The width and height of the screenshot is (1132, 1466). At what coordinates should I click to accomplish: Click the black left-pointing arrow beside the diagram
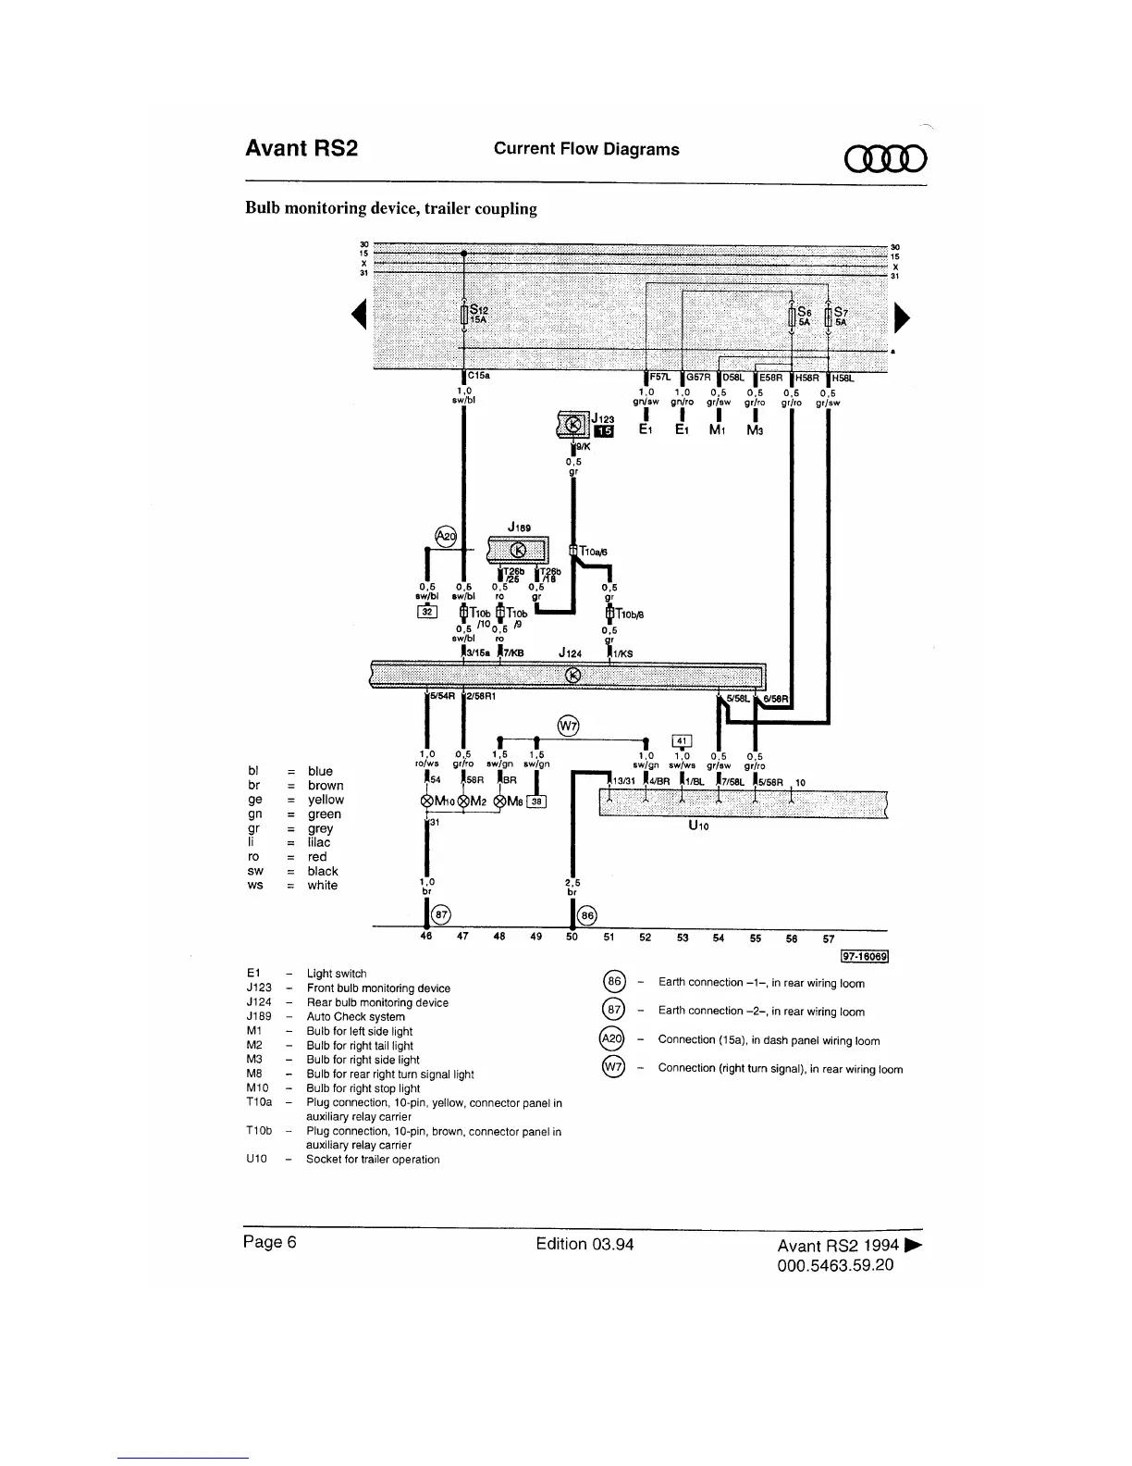(355, 317)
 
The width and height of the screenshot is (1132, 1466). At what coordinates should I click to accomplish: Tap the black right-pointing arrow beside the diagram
(903, 317)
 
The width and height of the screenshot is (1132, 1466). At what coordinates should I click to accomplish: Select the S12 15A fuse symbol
(463, 315)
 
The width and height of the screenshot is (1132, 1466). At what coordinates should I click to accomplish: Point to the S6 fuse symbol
(792, 317)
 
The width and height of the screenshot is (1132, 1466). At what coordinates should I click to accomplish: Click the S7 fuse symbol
(829, 317)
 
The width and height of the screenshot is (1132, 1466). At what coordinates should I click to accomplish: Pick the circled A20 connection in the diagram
(447, 537)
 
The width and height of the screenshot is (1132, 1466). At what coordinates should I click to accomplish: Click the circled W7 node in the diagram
(569, 725)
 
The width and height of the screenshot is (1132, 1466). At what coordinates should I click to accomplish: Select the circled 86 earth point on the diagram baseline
(586, 914)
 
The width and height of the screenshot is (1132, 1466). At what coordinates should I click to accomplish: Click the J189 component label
(519, 528)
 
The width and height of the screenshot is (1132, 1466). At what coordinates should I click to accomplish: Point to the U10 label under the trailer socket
(698, 826)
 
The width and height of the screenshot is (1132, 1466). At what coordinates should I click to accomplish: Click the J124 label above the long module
(570, 653)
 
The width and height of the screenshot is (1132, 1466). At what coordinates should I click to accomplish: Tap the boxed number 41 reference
(682, 739)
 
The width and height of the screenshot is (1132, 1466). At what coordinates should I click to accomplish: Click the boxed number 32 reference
(427, 611)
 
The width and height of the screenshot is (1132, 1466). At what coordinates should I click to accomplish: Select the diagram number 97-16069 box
(864, 957)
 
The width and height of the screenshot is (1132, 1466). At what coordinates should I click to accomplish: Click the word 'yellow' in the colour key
(326, 800)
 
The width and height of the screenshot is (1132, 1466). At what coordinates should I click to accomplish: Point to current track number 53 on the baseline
(683, 938)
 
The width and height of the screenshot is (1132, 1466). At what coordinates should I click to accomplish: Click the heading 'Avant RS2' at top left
(301, 149)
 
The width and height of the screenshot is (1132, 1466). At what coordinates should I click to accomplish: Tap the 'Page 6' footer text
(269, 1242)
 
